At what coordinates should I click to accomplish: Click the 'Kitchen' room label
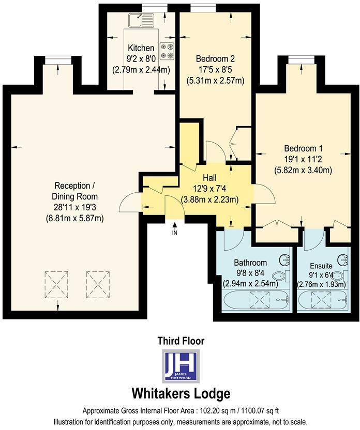click(141, 48)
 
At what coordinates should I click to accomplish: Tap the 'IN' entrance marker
click(175, 233)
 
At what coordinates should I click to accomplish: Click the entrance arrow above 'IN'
click(175, 224)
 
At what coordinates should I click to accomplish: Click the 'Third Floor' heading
click(181, 341)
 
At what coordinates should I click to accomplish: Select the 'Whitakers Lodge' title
click(181, 393)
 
